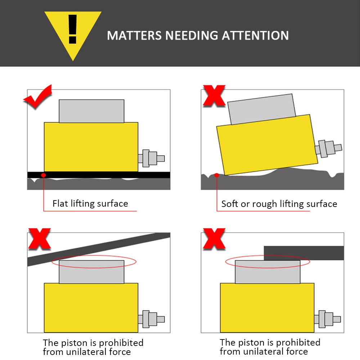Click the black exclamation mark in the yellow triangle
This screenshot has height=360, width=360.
pyautogui.click(x=73, y=29)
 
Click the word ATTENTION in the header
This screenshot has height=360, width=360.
pyautogui.click(x=255, y=36)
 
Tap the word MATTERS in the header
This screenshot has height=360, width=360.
pyautogui.click(x=134, y=36)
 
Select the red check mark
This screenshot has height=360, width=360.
pyautogui.click(x=38, y=96)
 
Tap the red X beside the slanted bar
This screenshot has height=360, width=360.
pyautogui.click(x=40, y=239)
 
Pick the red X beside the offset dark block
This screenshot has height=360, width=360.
pyautogui.click(x=214, y=239)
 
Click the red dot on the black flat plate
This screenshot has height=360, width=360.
pyautogui.click(x=44, y=175)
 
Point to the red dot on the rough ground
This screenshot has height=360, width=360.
pyautogui.click(x=216, y=175)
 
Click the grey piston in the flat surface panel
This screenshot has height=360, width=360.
pyautogui.click(x=91, y=111)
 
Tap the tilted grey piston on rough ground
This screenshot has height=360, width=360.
pyautogui.click(x=262, y=109)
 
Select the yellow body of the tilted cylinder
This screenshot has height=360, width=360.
pyautogui.click(x=267, y=145)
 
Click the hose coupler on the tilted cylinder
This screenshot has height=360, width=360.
pyautogui.click(x=328, y=149)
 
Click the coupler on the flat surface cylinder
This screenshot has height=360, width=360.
pyautogui.click(x=151, y=158)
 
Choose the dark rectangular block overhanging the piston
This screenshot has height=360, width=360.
pyautogui.click(x=304, y=253)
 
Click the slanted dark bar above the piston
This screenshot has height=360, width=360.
pyautogui.click(x=99, y=249)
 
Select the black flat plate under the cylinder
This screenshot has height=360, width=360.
pyautogui.click(x=99, y=175)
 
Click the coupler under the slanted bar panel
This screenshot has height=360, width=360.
pyautogui.click(x=151, y=319)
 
